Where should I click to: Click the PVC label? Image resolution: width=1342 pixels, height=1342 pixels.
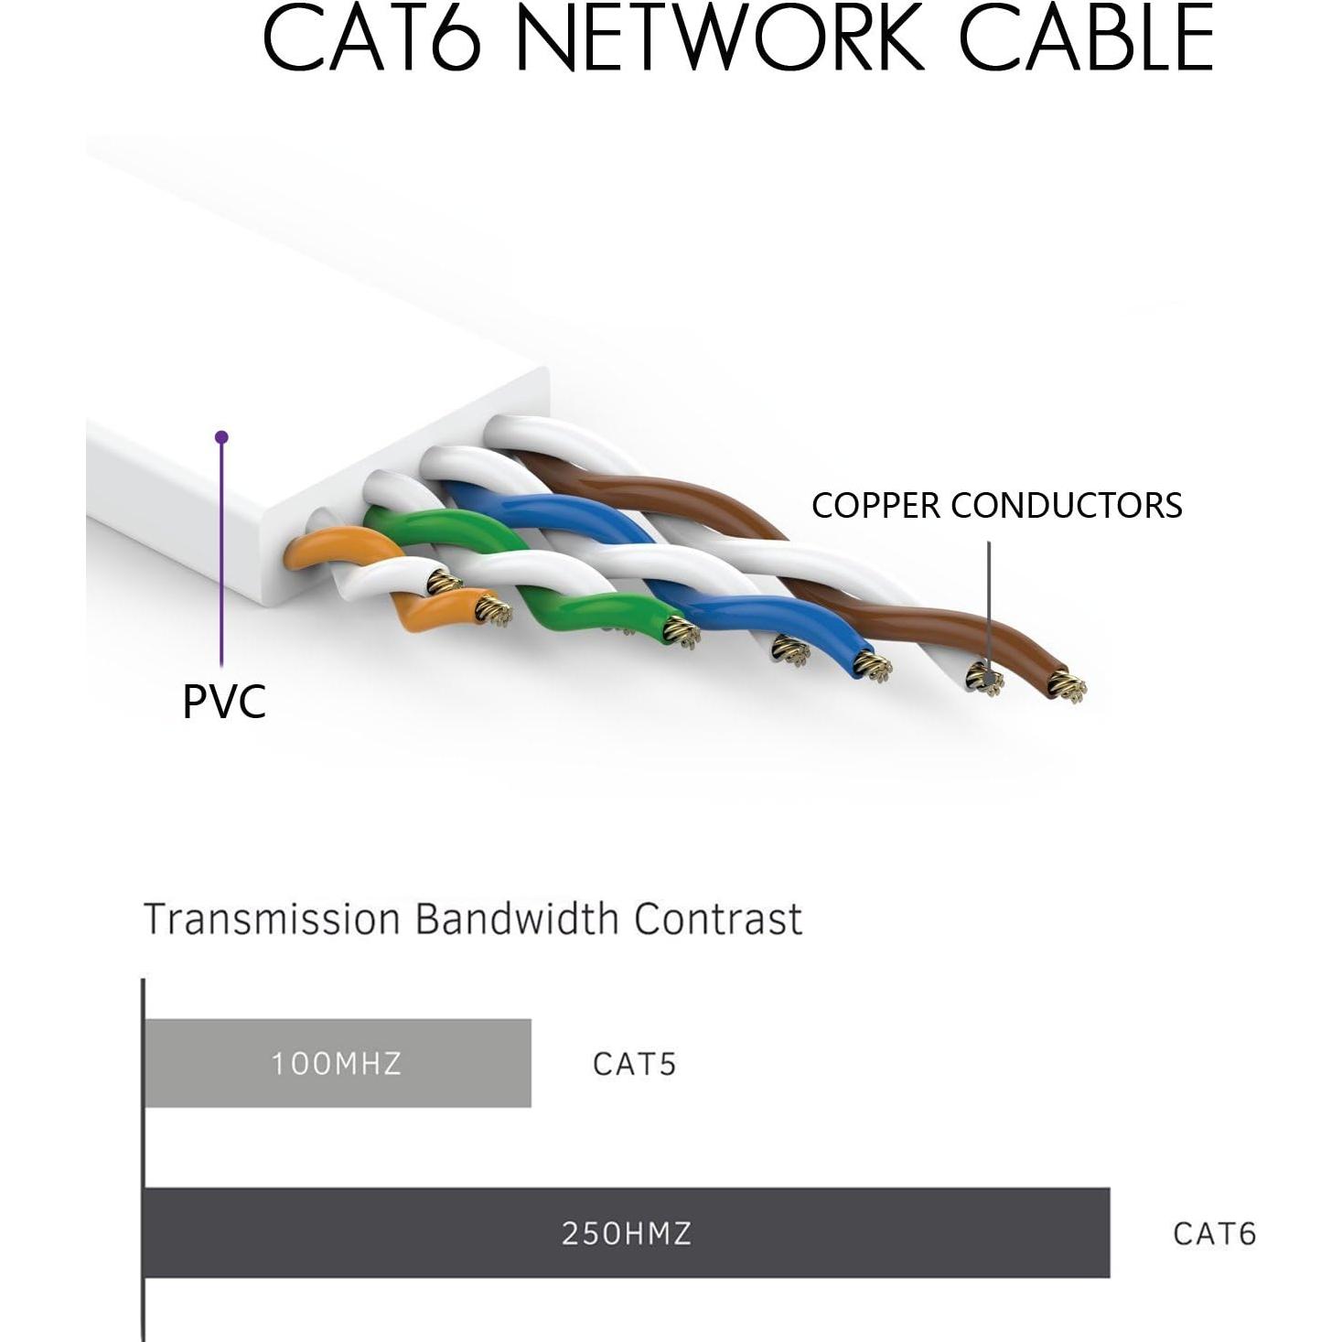click(224, 702)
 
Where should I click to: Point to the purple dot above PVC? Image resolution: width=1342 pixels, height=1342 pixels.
click(221, 437)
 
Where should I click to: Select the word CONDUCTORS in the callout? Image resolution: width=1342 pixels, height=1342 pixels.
click(1067, 506)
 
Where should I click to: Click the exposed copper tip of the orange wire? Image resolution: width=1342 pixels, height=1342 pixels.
click(491, 607)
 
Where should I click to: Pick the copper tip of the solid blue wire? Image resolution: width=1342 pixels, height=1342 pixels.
click(874, 666)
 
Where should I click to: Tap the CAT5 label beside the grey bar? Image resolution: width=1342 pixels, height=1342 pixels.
click(634, 1064)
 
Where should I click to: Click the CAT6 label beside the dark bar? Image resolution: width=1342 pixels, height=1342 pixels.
click(1214, 1233)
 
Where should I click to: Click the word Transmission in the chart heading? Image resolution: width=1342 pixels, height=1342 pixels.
click(273, 918)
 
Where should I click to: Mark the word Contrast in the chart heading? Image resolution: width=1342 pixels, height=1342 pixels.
click(718, 918)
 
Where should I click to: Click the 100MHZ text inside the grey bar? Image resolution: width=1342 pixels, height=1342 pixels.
click(336, 1064)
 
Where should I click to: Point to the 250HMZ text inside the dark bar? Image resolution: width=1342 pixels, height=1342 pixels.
click(626, 1233)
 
